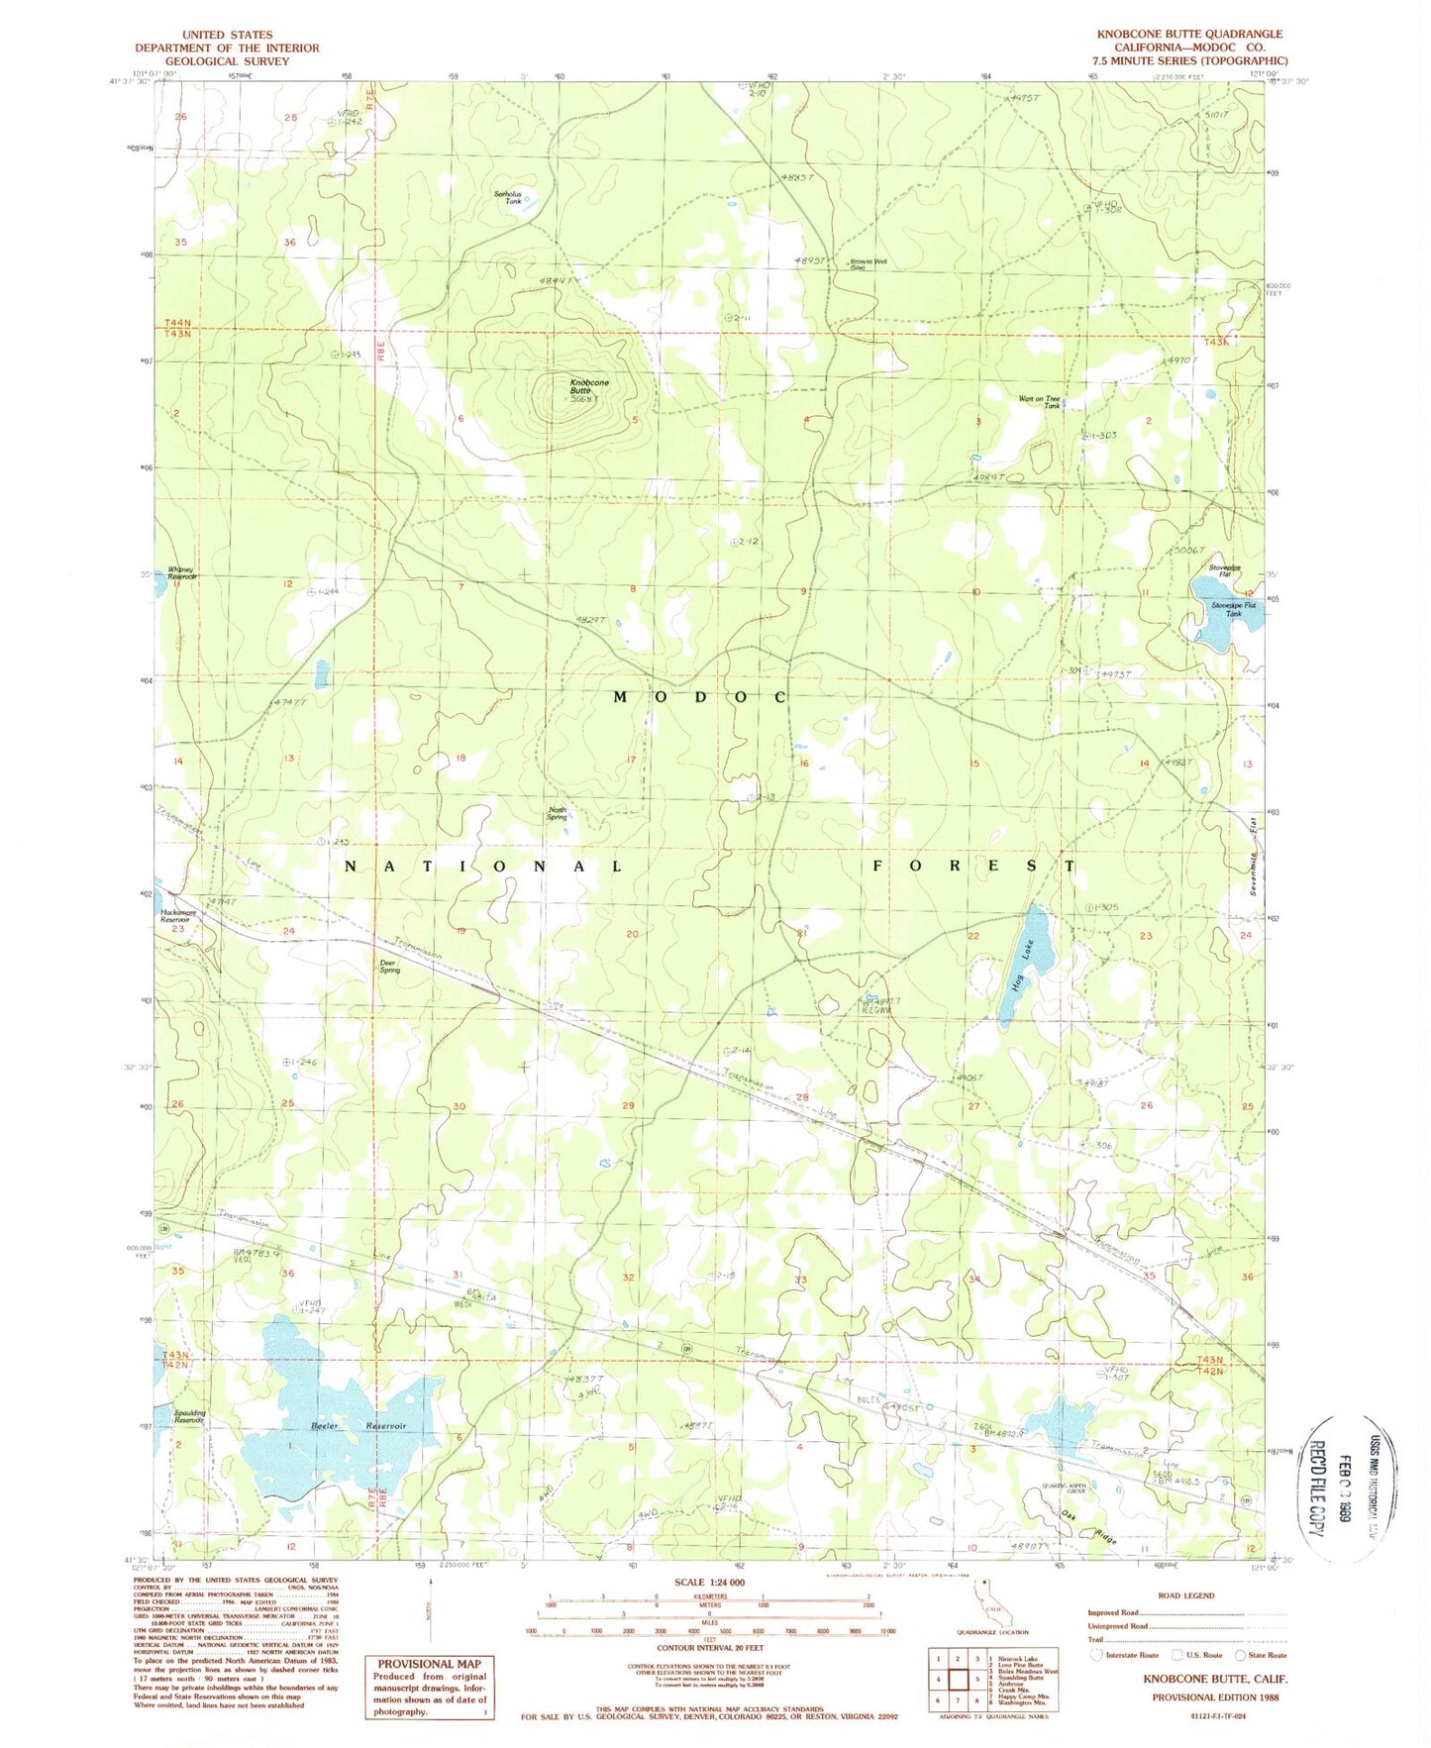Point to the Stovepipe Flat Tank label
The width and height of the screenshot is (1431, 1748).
1233,609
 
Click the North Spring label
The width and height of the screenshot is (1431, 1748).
558,813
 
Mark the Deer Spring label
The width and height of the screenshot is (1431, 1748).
389,967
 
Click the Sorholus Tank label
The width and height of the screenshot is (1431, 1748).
508,197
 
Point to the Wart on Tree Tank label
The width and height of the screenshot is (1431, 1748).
1039,402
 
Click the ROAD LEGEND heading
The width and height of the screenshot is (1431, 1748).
1184,1595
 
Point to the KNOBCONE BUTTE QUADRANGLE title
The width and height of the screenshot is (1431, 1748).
1188,34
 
